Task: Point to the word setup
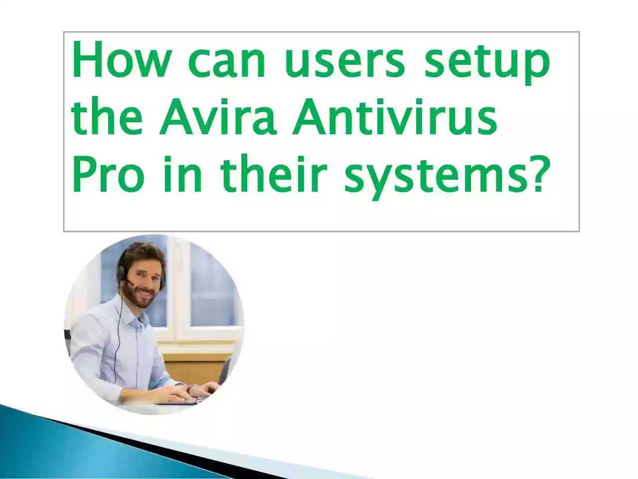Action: pyautogui.click(x=487, y=65)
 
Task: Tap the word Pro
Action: pyautogui.click(x=109, y=174)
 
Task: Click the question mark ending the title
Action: pyautogui.click(x=531, y=174)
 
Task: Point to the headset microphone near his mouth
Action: pyautogui.click(x=130, y=283)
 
